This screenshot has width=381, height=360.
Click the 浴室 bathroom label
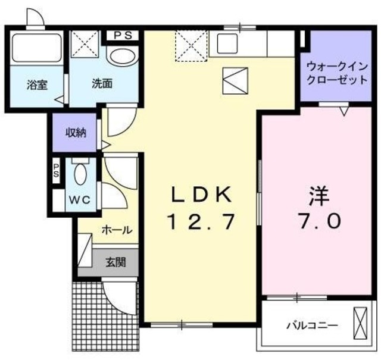[x=37, y=85]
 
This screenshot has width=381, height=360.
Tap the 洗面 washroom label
[x=102, y=84]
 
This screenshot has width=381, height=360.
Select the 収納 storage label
[x=76, y=132]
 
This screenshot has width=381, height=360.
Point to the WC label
[x=79, y=200]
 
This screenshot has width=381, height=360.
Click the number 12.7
[x=201, y=222]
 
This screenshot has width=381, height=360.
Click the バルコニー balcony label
[x=313, y=325]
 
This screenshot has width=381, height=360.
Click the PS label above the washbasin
[x=123, y=35]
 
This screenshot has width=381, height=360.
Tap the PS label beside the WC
[x=57, y=171]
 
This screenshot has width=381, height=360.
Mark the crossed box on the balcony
[x=360, y=324]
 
